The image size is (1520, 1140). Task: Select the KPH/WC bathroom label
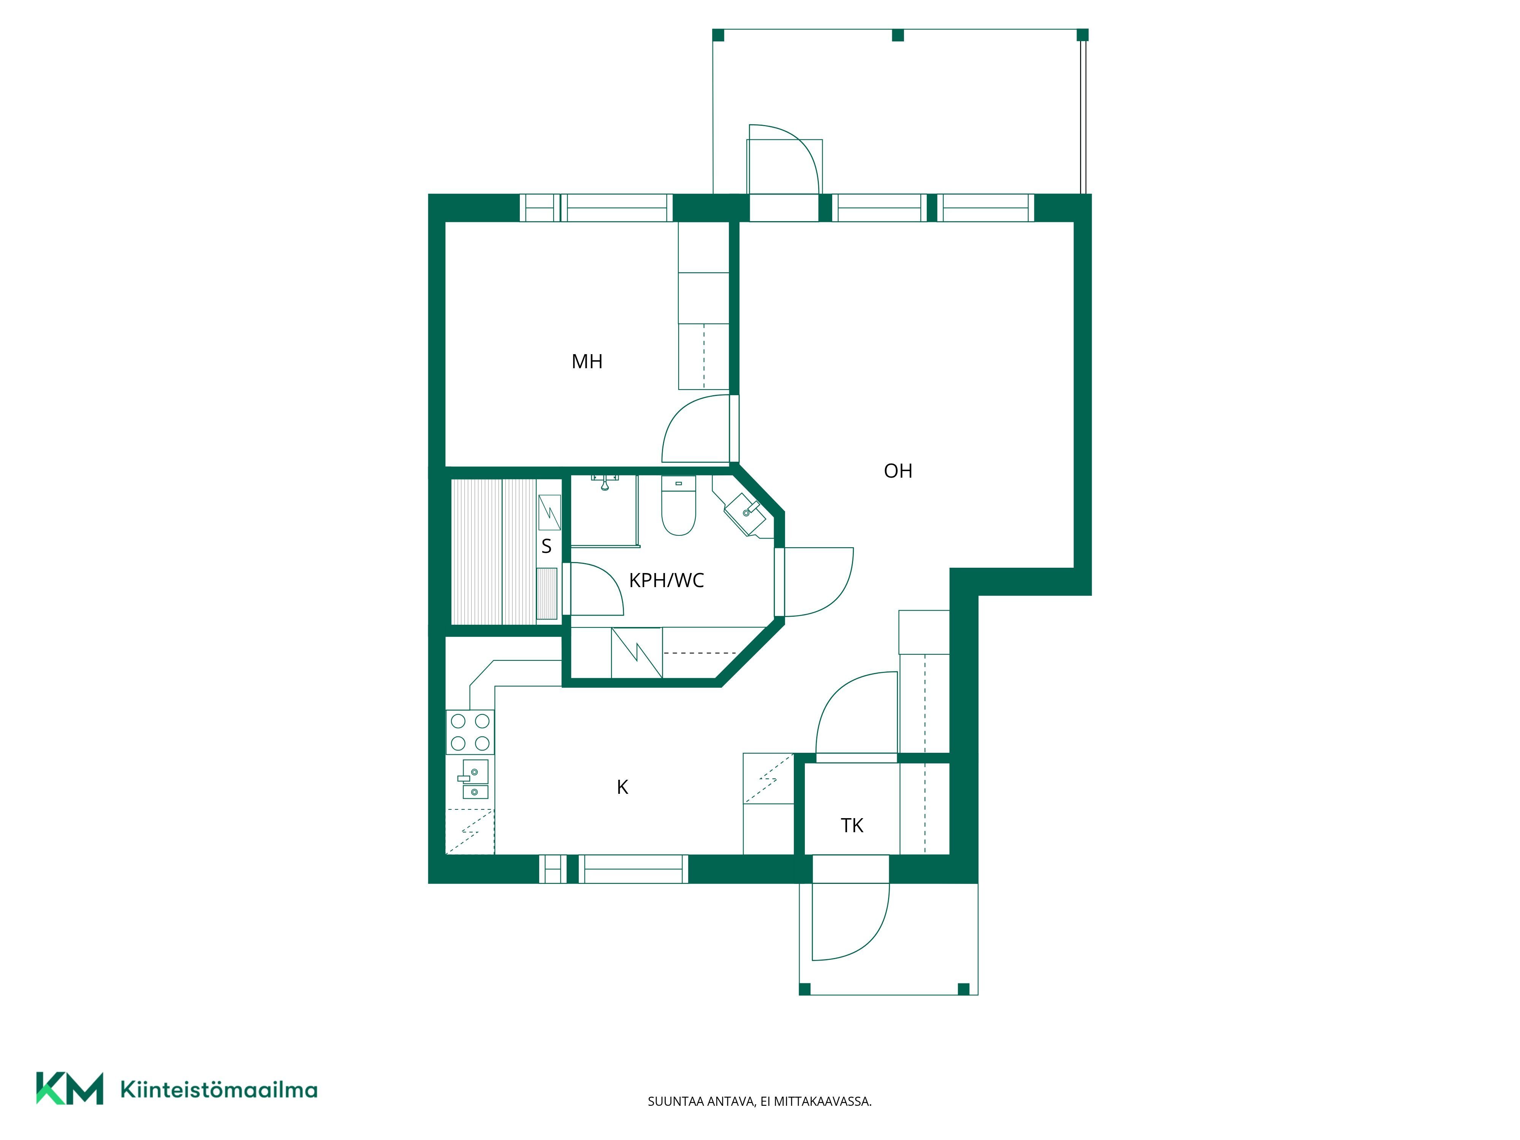[667, 581]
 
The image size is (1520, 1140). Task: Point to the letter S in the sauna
[546, 546]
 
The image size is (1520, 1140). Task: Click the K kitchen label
[622, 787]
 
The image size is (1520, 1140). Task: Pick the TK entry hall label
[852, 825]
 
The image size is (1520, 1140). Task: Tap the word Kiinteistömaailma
[218, 1090]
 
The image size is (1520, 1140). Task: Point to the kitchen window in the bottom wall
[613, 869]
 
